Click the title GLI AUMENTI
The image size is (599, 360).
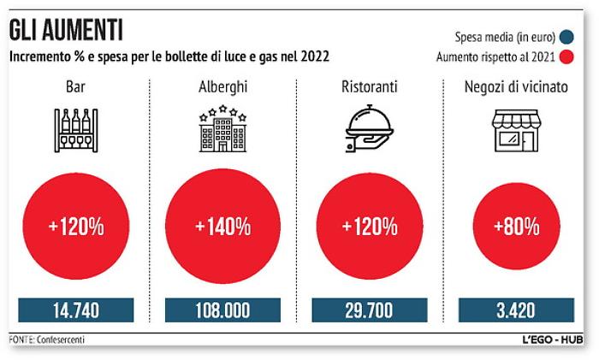point(66,32)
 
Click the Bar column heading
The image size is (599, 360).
point(74,88)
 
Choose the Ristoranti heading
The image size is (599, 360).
point(370,88)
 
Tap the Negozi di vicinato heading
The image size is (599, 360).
point(516,88)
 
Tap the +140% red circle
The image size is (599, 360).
point(222,227)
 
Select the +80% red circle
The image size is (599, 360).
point(516,227)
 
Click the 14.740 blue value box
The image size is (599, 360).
point(75,310)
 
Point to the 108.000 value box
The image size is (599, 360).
point(222,310)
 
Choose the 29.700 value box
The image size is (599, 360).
point(370,310)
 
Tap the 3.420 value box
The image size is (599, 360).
point(516,310)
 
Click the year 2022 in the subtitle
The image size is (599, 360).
point(312,58)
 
